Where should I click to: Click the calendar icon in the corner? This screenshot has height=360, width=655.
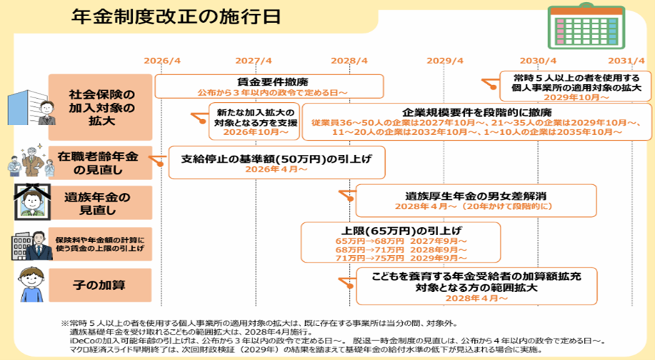pyautogui.click(x=586, y=26)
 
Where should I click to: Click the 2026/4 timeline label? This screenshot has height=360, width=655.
pyautogui.click(x=162, y=60)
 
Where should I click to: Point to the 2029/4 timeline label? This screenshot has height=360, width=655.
pyautogui.click(x=445, y=60)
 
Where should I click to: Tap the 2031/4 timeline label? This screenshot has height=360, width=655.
pyautogui.click(x=626, y=60)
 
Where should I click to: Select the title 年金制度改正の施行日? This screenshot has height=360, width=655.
pyautogui.click(x=176, y=17)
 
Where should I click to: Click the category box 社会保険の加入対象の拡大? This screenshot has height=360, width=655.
pyautogui.click(x=100, y=107)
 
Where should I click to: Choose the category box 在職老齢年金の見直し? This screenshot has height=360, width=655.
pyautogui.click(x=100, y=163)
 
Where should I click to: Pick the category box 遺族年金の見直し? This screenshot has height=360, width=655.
pyautogui.click(x=100, y=203)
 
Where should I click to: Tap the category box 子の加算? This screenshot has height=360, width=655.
pyautogui.click(x=100, y=285)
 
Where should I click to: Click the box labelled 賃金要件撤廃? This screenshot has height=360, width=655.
pyautogui.click(x=269, y=86)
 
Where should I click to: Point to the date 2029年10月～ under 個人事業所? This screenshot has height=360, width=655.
pyautogui.click(x=576, y=97)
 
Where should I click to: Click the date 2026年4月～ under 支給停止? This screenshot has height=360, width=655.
pyautogui.click(x=276, y=169)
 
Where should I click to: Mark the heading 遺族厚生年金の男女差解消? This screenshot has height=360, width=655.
pyautogui.click(x=476, y=196)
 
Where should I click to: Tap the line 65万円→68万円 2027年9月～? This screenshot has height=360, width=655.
pyautogui.click(x=401, y=241)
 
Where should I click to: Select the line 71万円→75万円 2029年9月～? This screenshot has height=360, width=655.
pyautogui.click(x=401, y=258)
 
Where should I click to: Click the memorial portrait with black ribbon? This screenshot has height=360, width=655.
pyautogui.click(x=33, y=202)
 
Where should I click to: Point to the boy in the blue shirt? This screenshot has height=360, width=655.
pyautogui.click(x=32, y=284)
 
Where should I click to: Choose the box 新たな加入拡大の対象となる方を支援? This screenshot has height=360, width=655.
pyautogui.click(x=254, y=122)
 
